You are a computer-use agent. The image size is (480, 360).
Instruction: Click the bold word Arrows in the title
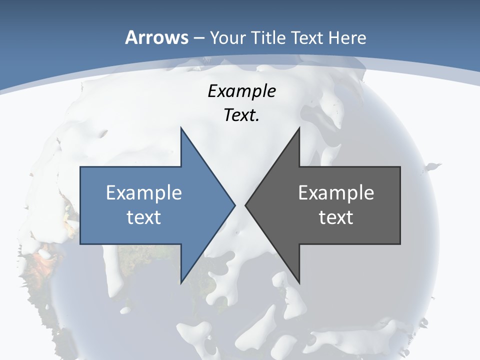pos(157,37)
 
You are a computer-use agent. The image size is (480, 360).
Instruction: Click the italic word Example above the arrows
pos(241,91)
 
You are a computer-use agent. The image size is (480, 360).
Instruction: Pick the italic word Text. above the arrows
pos(241,115)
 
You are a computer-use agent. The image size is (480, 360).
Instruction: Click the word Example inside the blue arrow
pos(144,192)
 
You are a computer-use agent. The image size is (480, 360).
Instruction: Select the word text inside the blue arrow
pos(144,217)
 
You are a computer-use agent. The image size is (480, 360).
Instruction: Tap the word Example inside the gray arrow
pos(336,192)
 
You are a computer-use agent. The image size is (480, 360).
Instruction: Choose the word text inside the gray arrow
pos(336,217)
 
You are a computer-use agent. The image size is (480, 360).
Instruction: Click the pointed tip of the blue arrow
pos(234,205)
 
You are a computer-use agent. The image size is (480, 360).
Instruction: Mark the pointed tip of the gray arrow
pos(246,205)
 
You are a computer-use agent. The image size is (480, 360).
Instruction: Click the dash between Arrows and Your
pos(198,38)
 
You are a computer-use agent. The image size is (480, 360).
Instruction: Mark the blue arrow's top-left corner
pos(81,167)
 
